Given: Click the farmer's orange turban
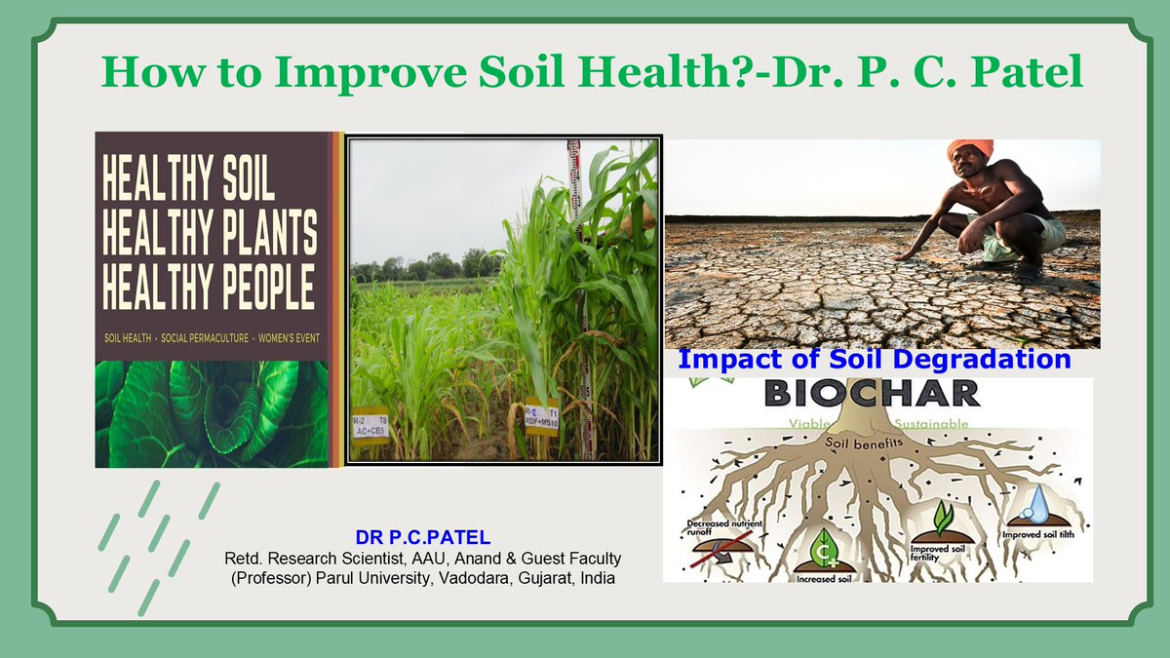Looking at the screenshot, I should click(x=969, y=149).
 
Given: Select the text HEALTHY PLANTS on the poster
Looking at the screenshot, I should click(x=209, y=234).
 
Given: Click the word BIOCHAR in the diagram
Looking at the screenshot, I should click(x=872, y=393).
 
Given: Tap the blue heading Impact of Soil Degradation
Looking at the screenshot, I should click(x=874, y=359).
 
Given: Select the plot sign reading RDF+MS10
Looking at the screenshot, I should click(x=541, y=413).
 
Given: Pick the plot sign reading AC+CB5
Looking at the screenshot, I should click(x=370, y=424).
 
